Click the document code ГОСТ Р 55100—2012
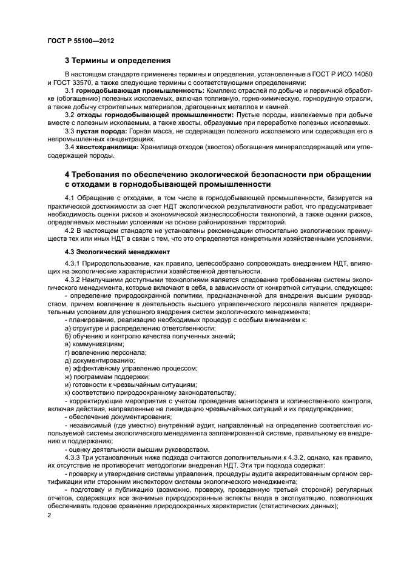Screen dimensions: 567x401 [x=80, y=40]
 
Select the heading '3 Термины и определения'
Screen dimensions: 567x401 [x=118, y=61]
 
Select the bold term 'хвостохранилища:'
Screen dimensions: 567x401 [x=107, y=147]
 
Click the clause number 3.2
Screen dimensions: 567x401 [x=69, y=115]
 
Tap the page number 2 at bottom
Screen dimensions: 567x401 [x=50, y=514]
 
